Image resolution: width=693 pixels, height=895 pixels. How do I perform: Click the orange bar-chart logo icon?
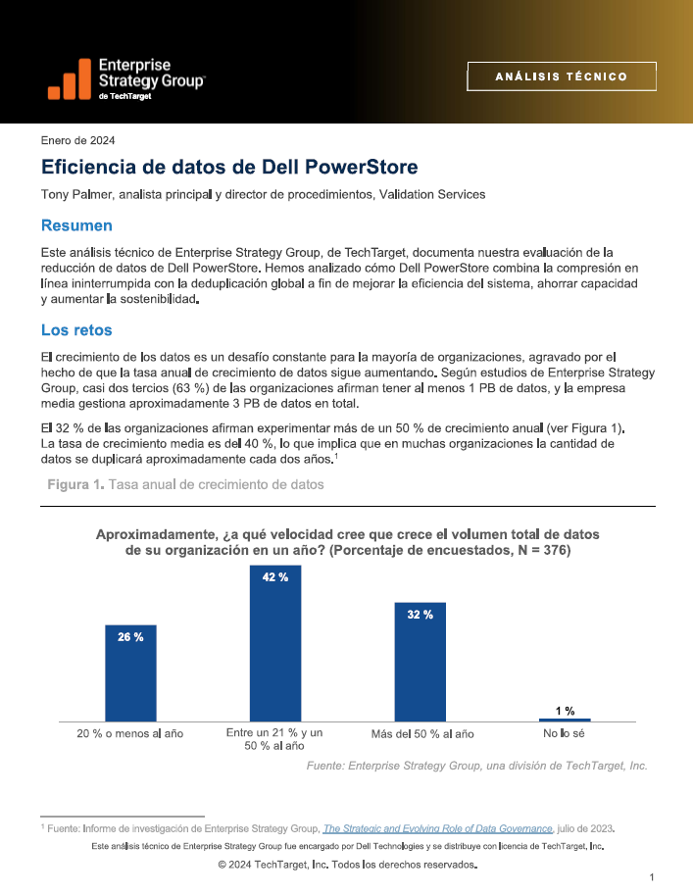(70, 78)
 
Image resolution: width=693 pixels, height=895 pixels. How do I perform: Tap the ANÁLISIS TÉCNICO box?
(562, 76)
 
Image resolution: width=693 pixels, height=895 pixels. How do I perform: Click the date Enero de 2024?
(77, 140)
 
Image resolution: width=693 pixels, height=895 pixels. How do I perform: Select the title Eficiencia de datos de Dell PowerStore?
(229, 167)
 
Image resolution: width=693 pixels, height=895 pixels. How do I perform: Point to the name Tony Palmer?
(76, 195)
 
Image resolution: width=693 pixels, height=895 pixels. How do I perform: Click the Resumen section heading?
(76, 225)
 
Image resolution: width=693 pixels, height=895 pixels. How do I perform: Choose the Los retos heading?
(76, 330)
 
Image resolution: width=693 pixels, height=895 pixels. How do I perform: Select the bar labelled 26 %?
(130, 673)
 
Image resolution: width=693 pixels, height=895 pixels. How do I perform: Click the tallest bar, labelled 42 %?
(275, 644)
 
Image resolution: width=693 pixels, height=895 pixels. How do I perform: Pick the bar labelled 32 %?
(421, 662)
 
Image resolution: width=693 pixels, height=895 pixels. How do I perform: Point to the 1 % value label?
(566, 711)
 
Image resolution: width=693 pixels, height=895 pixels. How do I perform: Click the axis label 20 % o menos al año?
(130, 733)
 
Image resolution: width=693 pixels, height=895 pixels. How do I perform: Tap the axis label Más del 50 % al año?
(422, 734)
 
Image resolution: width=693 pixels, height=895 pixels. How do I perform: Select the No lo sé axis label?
(564, 733)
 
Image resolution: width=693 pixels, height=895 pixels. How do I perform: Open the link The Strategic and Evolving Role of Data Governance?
(438, 828)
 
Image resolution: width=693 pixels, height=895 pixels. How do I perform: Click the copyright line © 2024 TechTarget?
(348, 865)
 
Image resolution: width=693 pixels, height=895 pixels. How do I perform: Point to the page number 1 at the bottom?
(652, 877)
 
